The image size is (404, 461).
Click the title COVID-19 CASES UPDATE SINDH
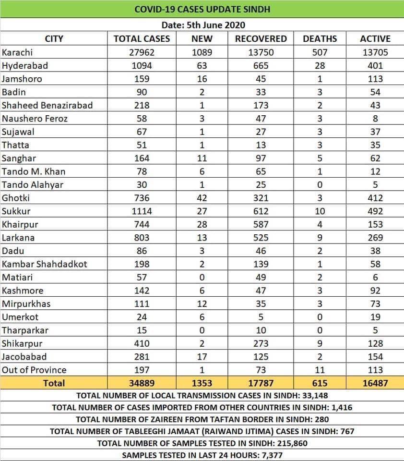(x=202, y=9)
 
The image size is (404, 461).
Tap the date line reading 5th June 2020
(x=202, y=25)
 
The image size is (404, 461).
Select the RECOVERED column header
(x=261, y=39)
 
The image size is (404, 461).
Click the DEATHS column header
(x=320, y=39)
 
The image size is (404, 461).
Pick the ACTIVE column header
(x=375, y=39)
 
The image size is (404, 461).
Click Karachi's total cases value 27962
(x=141, y=52)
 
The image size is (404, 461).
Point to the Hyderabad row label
(x=25, y=65)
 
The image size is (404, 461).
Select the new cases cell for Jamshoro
(x=202, y=79)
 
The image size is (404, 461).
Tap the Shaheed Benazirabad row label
(x=47, y=105)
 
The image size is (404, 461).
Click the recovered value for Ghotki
(x=261, y=198)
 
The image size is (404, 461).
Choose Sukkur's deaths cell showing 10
(x=320, y=211)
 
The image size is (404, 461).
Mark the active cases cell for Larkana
(x=375, y=238)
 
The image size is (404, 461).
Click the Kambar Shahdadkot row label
(x=45, y=264)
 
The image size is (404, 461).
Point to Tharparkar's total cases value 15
(x=141, y=330)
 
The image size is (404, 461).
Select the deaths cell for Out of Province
(x=320, y=370)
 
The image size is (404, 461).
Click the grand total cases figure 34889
(x=141, y=383)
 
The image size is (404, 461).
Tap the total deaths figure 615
(x=320, y=383)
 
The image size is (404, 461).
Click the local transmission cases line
(x=202, y=396)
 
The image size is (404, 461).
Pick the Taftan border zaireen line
(x=202, y=419)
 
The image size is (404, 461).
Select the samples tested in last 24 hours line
(x=202, y=455)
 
